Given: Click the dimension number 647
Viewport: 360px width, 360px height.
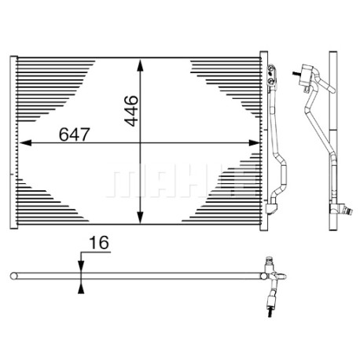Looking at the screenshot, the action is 75,134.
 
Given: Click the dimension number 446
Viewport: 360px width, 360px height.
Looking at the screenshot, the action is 131,111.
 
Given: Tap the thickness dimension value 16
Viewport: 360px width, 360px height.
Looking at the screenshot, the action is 99,243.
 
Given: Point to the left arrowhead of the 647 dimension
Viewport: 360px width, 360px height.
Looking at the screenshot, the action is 25,143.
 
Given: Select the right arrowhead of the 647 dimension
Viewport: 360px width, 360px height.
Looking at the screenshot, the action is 254,143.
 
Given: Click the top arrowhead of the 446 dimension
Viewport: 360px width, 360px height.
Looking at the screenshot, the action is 141,65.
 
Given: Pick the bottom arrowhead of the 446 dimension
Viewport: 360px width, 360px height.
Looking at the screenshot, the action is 141,218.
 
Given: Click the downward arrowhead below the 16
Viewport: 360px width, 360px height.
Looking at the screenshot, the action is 81,266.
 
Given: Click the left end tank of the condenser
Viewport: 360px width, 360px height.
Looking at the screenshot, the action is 13,142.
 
